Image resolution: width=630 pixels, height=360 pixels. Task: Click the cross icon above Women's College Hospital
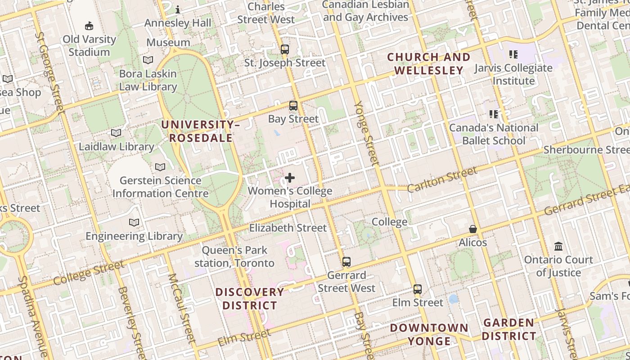tap(290, 178)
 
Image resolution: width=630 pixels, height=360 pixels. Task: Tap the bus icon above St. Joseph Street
tap(285, 49)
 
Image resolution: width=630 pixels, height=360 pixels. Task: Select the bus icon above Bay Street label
tap(293, 106)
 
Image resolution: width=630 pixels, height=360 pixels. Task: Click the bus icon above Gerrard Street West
tap(346, 262)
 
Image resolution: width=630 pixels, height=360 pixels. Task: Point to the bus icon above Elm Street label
tap(418, 289)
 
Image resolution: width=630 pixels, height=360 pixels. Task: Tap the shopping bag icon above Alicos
tap(473, 229)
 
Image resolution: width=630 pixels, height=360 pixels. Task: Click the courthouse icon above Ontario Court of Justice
tap(559, 246)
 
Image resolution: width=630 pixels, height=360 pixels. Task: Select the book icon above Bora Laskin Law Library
tap(148, 60)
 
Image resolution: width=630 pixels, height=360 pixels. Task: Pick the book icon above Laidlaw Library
tap(116, 133)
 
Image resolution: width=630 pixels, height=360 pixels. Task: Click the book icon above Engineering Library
tap(134, 222)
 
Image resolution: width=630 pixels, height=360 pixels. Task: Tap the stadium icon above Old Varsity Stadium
tap(89, 26)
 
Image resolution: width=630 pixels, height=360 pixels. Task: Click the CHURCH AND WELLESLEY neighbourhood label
tap(429, 63)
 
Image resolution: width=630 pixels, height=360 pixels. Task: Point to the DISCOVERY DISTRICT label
tap(250, 299)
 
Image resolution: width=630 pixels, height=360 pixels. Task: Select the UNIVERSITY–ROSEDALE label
tap(201, 131)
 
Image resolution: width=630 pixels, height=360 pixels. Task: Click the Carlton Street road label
tap(441, 179)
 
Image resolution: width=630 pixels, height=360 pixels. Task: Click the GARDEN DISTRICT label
tap(509, 329)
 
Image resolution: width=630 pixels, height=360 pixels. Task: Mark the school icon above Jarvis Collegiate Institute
tap(513, 54)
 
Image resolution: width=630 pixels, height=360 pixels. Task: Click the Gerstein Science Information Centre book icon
tap(160, 167)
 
